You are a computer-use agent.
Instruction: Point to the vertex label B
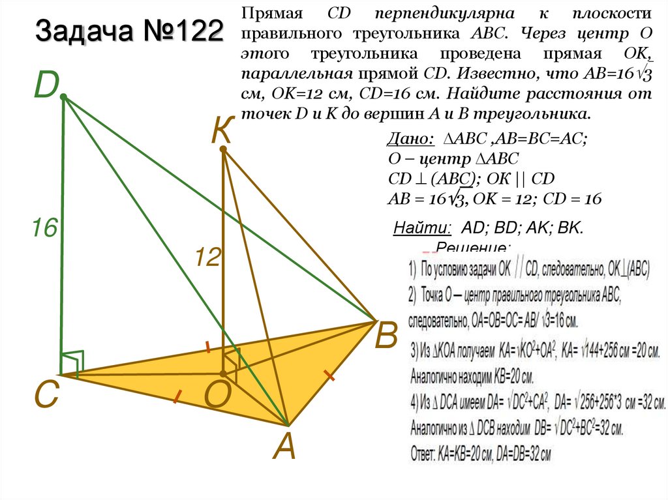click(386, 338)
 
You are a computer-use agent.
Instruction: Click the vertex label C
click(47, 395)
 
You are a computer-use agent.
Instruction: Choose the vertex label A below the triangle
click(284, 447)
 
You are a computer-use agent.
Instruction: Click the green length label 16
click(46, 228)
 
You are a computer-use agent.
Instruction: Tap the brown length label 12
click(207, 258)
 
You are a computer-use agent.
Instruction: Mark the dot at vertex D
click(63, 97)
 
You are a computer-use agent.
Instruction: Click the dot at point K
click(222, 150)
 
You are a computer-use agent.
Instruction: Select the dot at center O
click(223, 374)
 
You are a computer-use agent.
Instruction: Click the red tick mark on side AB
click(329, 375)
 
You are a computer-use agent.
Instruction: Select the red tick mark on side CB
click(208, 347)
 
